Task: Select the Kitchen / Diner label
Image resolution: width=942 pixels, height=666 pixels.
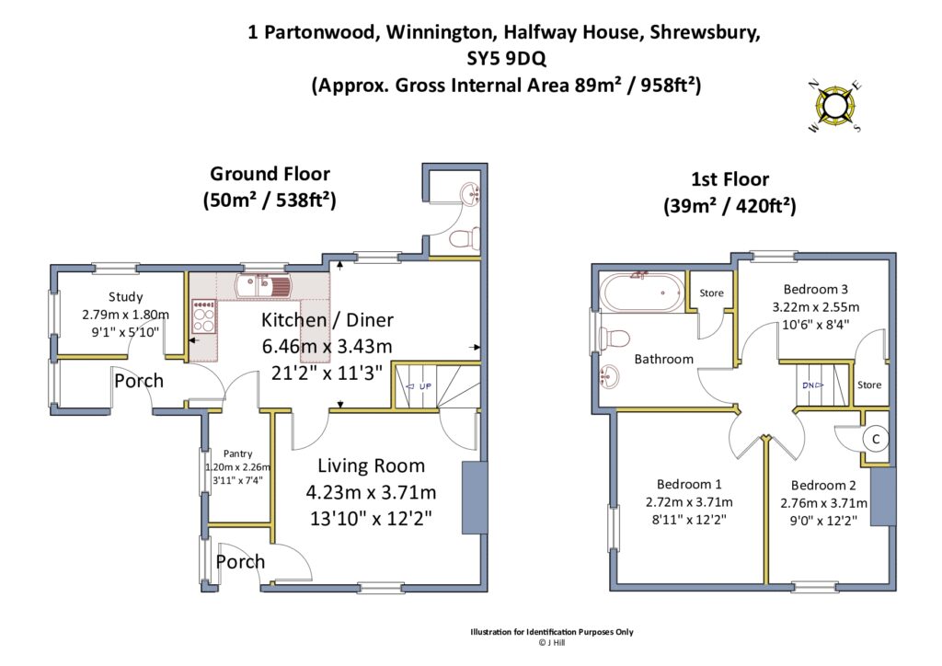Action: pyautogui.click(x=327, y=320)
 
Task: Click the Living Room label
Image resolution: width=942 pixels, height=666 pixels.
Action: pyautogui.click(x=371, y=465)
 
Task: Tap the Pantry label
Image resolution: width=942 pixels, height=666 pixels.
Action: pyautogui.click(x=237, y=454)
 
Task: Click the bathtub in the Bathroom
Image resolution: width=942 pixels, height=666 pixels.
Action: pyautogui.click(x=640, y=294)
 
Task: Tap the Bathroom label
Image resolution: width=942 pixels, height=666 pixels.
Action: pyautogui.click(x=663, y=359)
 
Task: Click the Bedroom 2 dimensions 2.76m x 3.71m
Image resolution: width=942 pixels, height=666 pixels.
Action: pyautogui.click(x=823, y=502)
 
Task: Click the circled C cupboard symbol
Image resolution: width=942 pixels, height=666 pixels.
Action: pyautogui.click(x=876, y=439)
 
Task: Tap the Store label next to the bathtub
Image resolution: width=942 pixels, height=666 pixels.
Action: pyautogui.click(x=711, y=293)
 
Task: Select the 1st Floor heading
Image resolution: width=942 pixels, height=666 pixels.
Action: pyautogui.click(x=729, y=179)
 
